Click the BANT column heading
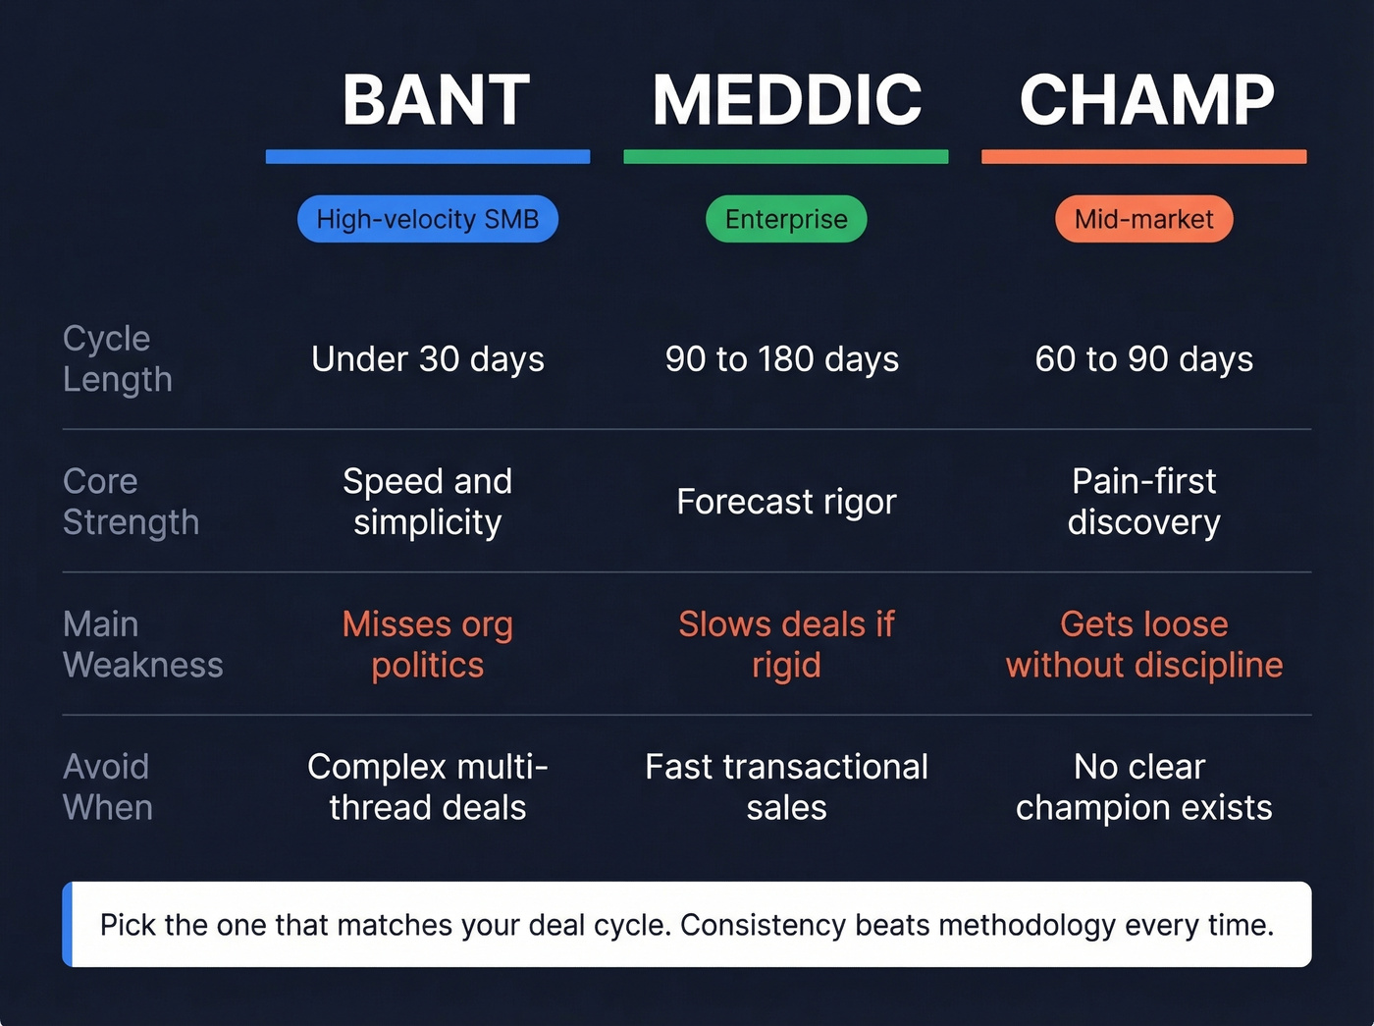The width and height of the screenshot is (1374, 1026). pyautogui.click(x=436, y=100)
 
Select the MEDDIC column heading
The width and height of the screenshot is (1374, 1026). pyautogui.click(x=787, y=100)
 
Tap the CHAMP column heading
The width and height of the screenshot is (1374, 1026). pyautogui.click(x=1146, y=100)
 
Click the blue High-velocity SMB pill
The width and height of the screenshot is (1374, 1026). pyautogui.click(x=428, y=219)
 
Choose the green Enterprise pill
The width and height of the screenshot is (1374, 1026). pyautogui.click(x=786, y=219)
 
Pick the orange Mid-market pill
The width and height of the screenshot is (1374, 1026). pyautogui.click(x=1143, y=219)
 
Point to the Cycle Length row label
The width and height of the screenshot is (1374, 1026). pyautogui.click(x=117, y=358)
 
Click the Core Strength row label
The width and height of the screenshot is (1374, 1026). pyautogui.click(x=131, y=502)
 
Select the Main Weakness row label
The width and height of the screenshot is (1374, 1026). pyautogui.click(x=142, y=644)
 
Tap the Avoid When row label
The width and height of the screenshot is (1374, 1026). pyautogui.click(x=107, y=786)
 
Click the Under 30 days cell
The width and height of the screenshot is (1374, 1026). pyautogui.click(x=428, y=359)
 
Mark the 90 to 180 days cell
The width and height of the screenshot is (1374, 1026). pyautogui.click(x=782, y=359)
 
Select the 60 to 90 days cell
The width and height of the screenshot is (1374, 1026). pyautogui.click(x=1143, y=359)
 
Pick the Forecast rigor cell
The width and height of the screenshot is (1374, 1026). pyautogui.click(x=786, y=502)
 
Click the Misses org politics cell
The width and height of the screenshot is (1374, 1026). pyautogui.click(x=428, y=644)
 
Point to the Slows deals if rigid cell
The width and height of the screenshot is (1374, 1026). pyautogui.click(x=786, y=644)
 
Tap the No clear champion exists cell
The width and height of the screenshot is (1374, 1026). pyautogui.click(x=1143, y=786)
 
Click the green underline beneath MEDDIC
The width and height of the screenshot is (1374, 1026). pyautogui.click(x=786, y=157)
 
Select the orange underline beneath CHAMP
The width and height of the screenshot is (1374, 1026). pyautogui.click(x=1143, y=157)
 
